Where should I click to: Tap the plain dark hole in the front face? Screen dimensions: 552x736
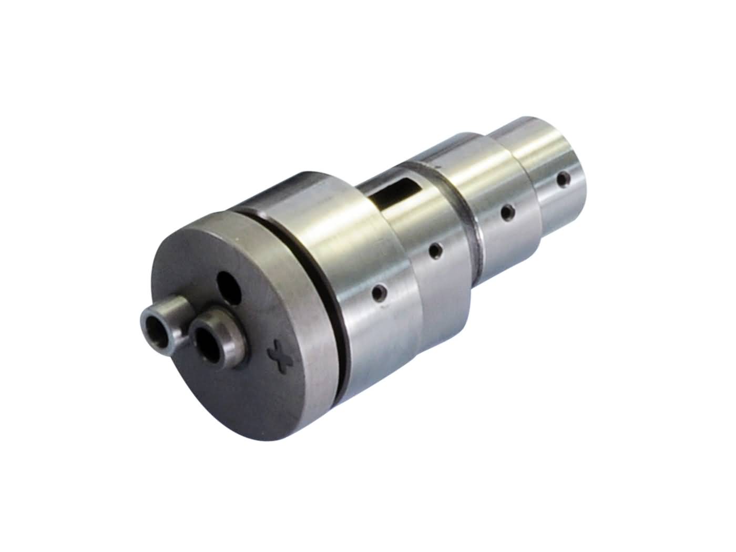229,288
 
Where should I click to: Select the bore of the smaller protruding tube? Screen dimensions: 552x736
156,331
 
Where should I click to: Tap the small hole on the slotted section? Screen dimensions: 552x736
435,251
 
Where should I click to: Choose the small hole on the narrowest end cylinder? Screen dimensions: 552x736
564,180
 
